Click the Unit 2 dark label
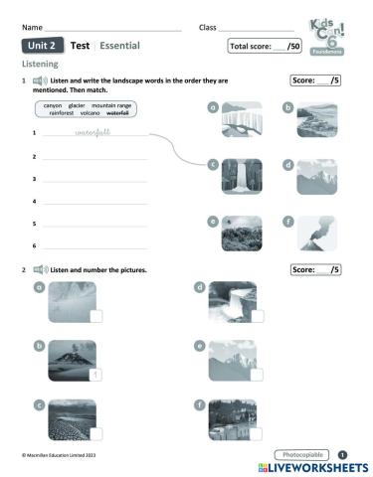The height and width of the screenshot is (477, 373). tap(43, 46)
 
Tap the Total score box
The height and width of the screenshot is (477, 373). tap(265, 46)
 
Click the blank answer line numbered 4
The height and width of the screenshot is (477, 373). tap(94, 202)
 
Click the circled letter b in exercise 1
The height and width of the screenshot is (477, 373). tap(287, 105)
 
